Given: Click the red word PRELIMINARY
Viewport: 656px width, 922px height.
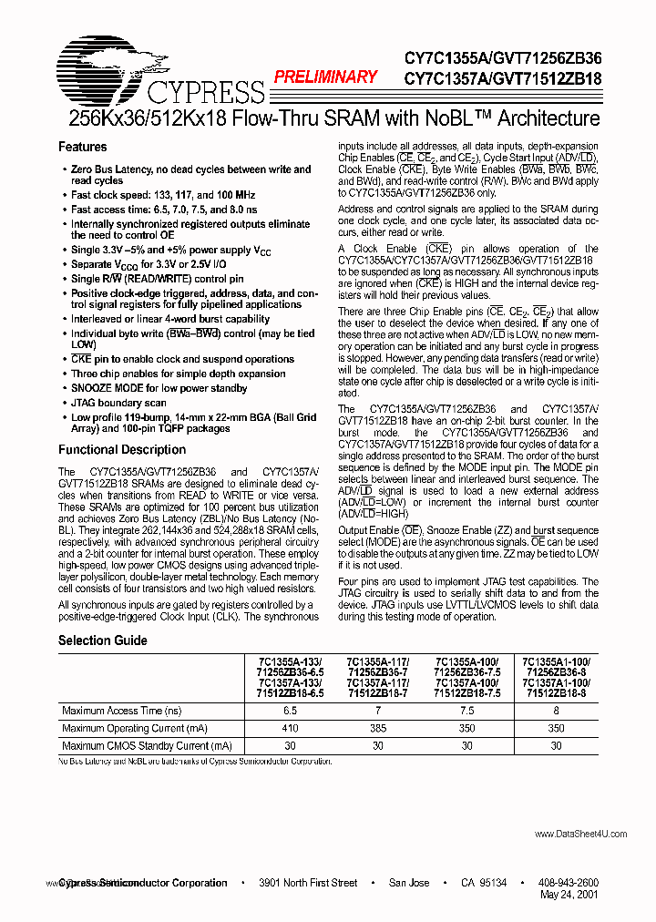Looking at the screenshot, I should (x=326, y=77).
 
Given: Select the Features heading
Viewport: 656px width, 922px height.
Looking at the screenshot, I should (x=82, y=147).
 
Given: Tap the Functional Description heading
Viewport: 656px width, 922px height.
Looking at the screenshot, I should (x=121, y=449).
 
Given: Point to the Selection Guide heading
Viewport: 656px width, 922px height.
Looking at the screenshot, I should (x=102, y=640).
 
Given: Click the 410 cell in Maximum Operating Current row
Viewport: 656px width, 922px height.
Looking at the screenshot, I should (x=290, y=728).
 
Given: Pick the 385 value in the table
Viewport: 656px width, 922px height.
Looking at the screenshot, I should (x=379, y=728).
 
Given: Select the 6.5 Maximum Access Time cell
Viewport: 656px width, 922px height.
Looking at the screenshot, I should (x=290, y=711).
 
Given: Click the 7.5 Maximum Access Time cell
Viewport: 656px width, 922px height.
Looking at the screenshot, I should (x=466, y=711).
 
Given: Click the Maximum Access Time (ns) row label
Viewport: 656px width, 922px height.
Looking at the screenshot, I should (x=121, y=711).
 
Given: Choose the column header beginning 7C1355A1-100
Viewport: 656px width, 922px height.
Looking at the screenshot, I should (x=556, y=677).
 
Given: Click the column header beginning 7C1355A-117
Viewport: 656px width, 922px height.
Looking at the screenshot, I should (x=379, y=677).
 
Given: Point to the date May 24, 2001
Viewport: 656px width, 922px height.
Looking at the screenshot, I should (x=569, y=896).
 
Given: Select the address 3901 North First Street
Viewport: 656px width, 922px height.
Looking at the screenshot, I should (x=308, y=883).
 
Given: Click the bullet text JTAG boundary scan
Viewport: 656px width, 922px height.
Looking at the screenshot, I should (x=118, y=403).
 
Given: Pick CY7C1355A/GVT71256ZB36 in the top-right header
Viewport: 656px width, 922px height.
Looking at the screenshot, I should (x=503, y=58).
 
